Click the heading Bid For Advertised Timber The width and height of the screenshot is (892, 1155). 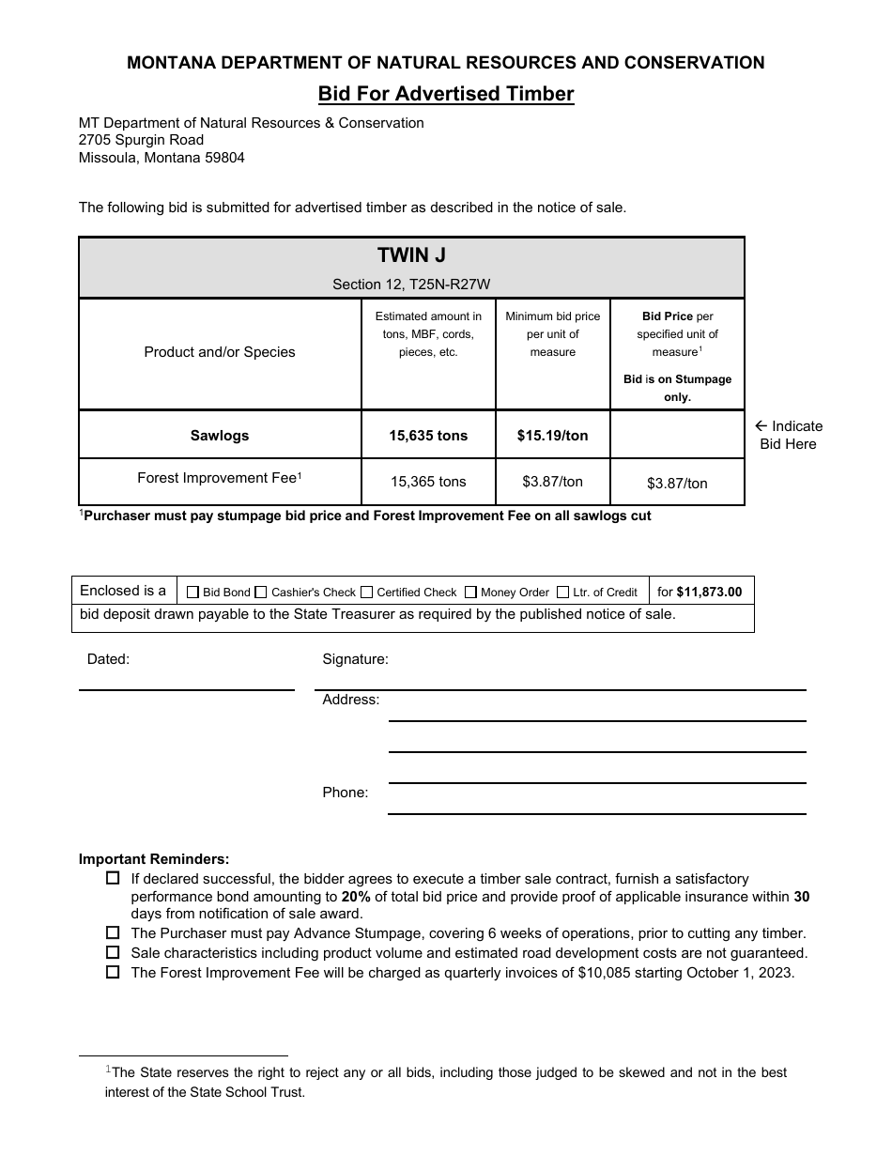(445, 94)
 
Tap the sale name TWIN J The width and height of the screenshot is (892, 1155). (411, 255)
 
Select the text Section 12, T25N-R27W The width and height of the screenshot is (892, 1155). (411, 284)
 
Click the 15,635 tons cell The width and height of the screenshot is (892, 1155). (428, 436)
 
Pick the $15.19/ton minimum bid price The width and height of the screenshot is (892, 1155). (552, 436)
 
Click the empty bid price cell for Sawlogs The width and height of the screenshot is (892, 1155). (677, 435)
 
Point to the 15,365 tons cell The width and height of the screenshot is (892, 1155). (428, 482)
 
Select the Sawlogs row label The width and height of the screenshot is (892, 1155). (220, 436)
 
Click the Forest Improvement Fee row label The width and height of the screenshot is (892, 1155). (220, 478)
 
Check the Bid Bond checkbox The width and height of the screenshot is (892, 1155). (193, 593)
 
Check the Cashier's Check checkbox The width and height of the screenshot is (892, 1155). (262, 593)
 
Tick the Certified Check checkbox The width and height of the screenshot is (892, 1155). (367, 593)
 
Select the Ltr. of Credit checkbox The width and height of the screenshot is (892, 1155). (563, 593)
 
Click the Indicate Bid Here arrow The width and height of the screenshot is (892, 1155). (761, 426)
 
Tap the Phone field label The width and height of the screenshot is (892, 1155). (346, 793)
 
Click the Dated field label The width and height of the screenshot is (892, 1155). (108, 659)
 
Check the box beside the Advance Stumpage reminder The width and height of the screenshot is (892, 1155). (113, 933)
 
